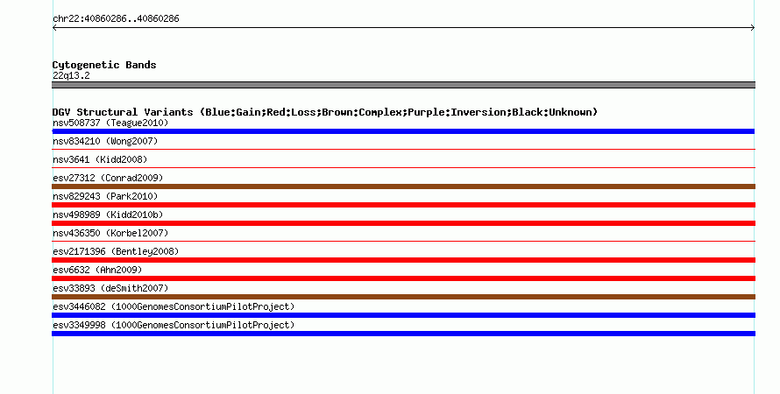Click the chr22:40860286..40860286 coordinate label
pos(116,19)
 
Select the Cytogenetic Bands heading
pos(104,65)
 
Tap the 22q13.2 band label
pos(71,75)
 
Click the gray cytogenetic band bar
pos(403,85)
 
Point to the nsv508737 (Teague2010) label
pos(110,123)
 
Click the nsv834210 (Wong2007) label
pos(105,141)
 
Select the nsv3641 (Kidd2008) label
pos(100,159)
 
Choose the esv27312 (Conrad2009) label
pos(108,178)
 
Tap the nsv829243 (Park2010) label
pos(105,196)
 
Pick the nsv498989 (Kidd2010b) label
pos(108,215)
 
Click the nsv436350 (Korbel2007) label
pos(110,233)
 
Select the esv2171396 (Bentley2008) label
pos(116,251)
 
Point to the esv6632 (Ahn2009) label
pos(97,270)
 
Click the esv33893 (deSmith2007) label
pos(110,288)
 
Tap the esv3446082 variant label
pos(174,306)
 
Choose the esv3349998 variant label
pos(174,325)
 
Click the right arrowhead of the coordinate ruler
pos(753,28)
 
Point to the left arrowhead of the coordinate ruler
pos(54,28)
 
